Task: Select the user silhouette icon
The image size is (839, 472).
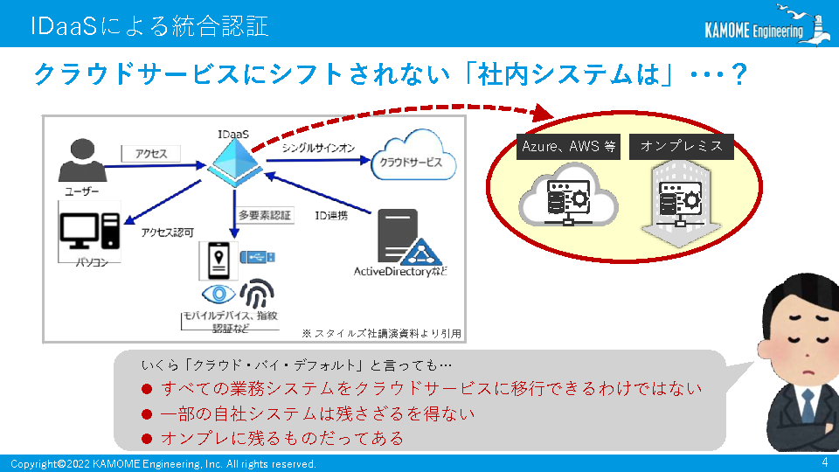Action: [82, 160]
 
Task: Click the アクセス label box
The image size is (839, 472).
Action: [151, 154]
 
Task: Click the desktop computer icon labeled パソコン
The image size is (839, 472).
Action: [90, 231]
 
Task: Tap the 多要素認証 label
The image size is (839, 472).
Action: [265, 215]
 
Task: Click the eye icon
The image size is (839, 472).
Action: [218, 294]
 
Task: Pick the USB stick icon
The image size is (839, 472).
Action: [257, 257]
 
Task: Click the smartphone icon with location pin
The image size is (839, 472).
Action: [218, 260]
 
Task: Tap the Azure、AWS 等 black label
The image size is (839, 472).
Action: [568, 147]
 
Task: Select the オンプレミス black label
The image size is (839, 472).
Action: [681, 147]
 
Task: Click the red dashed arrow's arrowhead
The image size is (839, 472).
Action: [543, 113]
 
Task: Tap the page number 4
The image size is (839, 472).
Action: [824, 462]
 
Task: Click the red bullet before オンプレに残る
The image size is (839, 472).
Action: [147, 439]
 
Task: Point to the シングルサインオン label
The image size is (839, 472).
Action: [318, 148]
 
